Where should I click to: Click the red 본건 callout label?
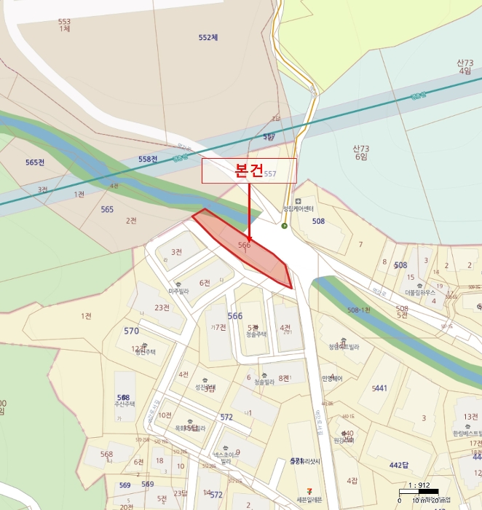coord(249,170)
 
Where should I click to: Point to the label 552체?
coord(208,37)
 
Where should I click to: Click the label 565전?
coord(34,162)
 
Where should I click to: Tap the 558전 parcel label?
coord(148,159)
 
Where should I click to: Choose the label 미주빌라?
coord(178,291)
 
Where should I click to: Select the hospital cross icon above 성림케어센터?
coord(298,200)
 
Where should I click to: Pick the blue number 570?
coord(131,331)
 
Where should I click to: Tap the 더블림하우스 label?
coord(420,293)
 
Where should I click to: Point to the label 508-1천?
coord(359,310)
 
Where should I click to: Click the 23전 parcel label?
coord(162,307)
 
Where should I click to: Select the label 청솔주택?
coord(257,334)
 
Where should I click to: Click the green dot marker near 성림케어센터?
coord(285,225)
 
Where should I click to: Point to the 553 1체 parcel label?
coord(64,25)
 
